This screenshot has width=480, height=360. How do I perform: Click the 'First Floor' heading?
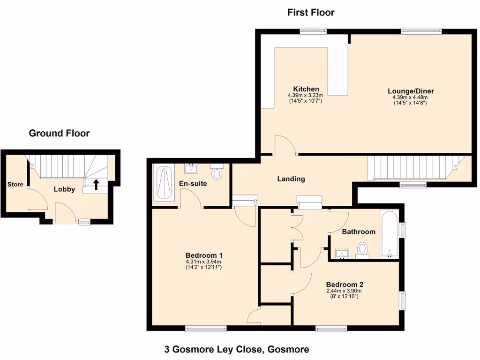(311, 13)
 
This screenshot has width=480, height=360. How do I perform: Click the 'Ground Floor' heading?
(59, 133)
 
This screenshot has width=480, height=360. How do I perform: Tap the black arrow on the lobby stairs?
(96, 184)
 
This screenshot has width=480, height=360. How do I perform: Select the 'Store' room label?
(15, 184)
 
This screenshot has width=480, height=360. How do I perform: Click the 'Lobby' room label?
(64, 189)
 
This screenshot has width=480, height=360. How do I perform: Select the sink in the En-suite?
(192, 168)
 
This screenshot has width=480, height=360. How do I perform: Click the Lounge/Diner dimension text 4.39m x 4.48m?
(410, 97)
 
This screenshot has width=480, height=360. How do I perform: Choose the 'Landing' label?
(291, 179)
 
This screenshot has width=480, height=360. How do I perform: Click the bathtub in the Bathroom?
(389, 235)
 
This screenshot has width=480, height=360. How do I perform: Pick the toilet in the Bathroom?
(362, 249)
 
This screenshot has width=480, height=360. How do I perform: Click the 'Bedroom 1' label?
(203, 255)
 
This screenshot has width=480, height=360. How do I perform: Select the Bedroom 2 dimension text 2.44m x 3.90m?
(345, 291)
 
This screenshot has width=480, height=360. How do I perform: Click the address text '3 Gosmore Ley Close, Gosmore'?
(236, 349)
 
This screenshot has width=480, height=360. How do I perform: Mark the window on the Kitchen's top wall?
(314, 31)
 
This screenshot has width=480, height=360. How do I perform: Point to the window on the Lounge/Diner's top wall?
(421, 31)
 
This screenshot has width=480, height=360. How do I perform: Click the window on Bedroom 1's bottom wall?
(206, 329)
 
